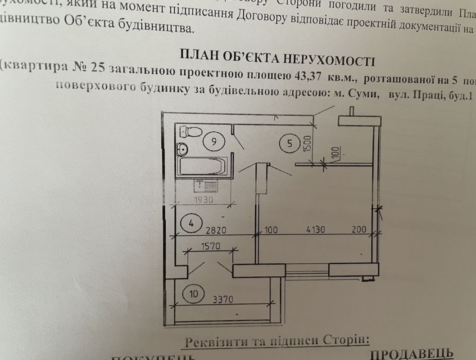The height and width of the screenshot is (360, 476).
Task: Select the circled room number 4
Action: [x=191, y=223]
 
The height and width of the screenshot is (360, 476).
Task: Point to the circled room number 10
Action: [x=193, y=294]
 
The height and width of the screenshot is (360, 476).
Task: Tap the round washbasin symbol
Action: [x=182, y=148]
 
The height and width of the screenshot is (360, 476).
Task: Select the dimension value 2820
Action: [x=216, y=229]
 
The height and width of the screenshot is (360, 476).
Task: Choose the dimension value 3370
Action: [x=222, y=298]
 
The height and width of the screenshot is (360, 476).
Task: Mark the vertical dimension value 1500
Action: [x=307, y=142]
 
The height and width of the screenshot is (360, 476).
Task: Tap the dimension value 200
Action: [x=359, y=229]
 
